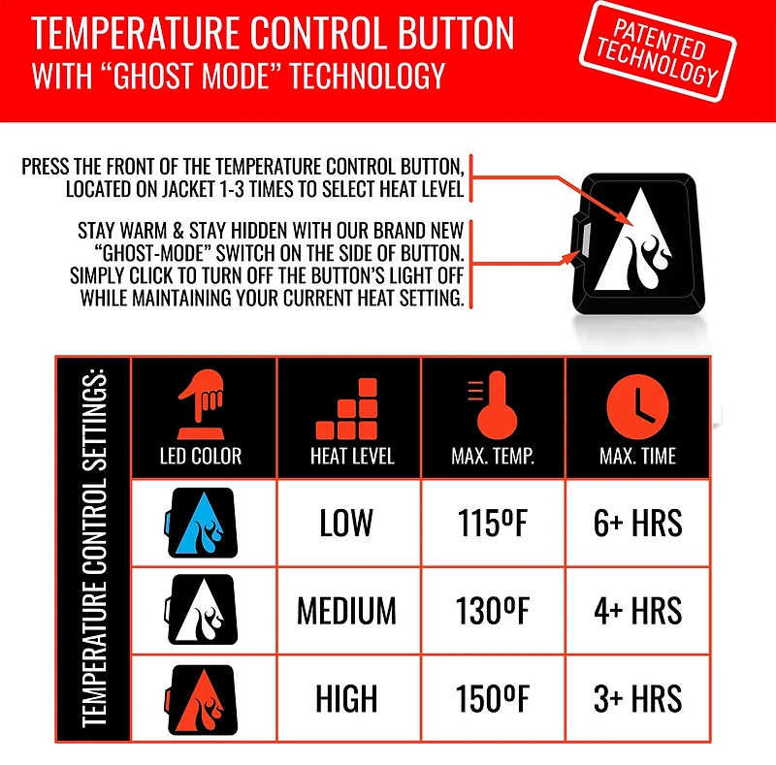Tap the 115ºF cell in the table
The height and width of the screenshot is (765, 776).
(x=493, y=524)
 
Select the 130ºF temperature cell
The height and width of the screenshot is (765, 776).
(x=493, y=611)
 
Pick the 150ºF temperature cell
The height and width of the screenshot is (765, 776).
(x=493, y=698)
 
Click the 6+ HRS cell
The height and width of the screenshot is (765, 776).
(x=637, y=524)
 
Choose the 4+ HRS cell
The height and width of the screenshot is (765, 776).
(x=637, y=611)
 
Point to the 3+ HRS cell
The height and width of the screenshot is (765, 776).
(x=637, y=698)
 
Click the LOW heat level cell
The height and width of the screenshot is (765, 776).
(x=346, y=524)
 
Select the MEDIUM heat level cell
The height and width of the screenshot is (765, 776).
(x=346, y=611)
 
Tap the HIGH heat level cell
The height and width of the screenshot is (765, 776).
(x=346, y=698)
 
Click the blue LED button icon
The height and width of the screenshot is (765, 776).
(x=201, y=524)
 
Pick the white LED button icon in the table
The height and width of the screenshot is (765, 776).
(x=201, y=611)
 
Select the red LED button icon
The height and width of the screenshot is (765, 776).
(x=201, y=698)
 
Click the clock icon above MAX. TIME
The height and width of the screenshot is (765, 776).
(x=638, y=404)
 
